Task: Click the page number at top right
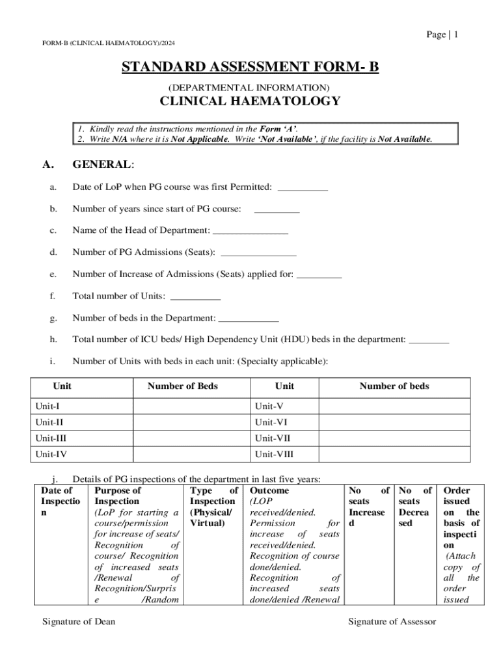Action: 442,34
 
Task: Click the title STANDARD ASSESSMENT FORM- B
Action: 250,68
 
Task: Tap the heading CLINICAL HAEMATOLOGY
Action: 250,101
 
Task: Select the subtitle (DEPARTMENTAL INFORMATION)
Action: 249,87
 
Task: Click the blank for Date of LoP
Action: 303,189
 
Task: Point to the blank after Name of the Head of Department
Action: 251,232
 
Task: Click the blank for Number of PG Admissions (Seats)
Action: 259,254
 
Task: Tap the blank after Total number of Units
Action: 195,298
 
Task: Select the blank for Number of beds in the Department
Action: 249,320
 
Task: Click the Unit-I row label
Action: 48,406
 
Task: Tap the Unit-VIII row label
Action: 273,454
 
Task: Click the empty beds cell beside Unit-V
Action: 394,406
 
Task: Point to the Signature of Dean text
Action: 79,622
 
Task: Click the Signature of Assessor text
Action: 392,622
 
